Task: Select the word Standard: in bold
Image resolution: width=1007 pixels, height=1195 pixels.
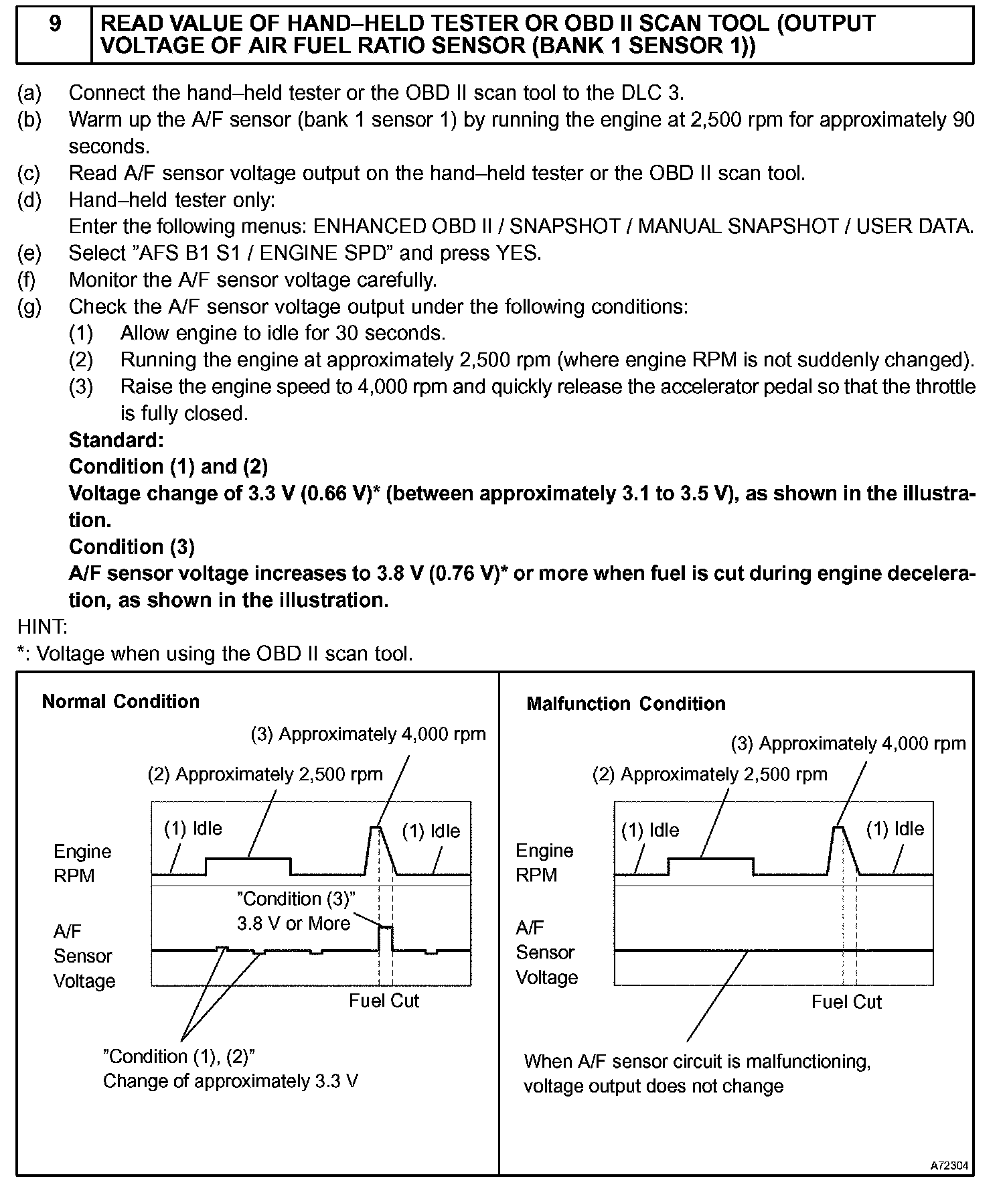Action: [x=116, y=440]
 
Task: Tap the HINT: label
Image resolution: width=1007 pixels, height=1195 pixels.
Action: [x=42, y=627]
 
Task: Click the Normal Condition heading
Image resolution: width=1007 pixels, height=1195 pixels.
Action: [x=121, y=701]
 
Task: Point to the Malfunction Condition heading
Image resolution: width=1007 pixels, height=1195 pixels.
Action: [x=626, y=703]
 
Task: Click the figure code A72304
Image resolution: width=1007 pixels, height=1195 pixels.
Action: [x=949, y=1166]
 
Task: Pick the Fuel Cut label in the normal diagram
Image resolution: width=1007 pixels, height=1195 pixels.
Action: [x=384, y=1001]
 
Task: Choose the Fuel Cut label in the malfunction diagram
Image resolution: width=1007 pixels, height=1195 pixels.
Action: [x=846, y=1002]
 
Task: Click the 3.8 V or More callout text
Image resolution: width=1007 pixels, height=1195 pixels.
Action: [x=294, y=924]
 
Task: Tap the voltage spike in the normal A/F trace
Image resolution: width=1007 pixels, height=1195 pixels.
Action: [x=386, y=928]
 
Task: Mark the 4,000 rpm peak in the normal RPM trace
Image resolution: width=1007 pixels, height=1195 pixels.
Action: [x=376, y=829]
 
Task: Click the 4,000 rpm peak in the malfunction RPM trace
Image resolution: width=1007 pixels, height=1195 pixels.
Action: [x=838, y=829]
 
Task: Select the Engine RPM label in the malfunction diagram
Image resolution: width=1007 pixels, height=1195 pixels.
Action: [x=544, y=863]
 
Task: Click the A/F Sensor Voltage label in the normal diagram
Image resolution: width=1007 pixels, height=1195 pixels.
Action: [x=84, y=956]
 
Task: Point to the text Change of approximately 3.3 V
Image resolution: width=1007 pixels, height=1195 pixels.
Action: [x=230, y=1081]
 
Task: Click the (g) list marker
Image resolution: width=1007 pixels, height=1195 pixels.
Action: [x=29, y=307]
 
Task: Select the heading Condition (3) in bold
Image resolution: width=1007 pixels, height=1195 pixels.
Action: [x=131, y=547]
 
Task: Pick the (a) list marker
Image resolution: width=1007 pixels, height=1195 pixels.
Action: [x=29, y=92]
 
